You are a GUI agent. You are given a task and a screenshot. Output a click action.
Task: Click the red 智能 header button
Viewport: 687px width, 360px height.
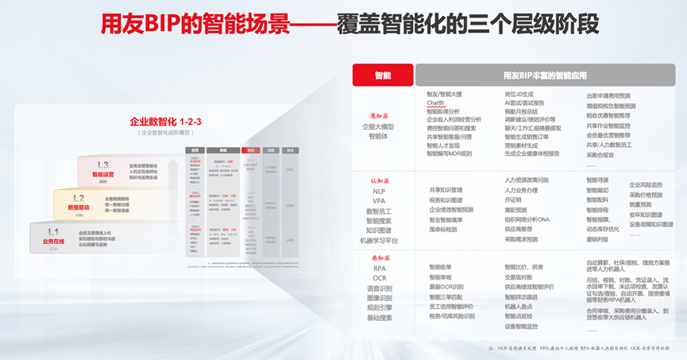pos(382,75)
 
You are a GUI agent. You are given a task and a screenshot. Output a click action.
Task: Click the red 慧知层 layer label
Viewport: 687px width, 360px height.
pos(378,114)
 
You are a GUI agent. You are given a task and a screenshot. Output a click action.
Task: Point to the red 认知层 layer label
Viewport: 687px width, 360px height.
pos(379,181)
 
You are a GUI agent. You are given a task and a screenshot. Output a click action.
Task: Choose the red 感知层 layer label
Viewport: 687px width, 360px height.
pos(379,257)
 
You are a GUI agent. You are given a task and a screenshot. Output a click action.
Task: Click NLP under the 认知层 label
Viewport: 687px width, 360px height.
pos(379,192)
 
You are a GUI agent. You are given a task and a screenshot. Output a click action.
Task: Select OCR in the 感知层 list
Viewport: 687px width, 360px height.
pos(379,278)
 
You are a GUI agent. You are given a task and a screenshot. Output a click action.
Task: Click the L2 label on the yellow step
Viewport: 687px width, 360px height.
pos(79,198)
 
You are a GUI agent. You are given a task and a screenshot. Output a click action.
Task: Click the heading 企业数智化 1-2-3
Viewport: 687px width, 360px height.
pos(166,122)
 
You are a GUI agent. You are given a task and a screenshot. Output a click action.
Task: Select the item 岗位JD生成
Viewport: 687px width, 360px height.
pos(523,95)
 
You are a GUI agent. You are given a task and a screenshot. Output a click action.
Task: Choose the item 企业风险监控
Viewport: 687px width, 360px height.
pos(646,184)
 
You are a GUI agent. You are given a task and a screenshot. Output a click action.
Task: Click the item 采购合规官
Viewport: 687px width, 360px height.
pos(600,155)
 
